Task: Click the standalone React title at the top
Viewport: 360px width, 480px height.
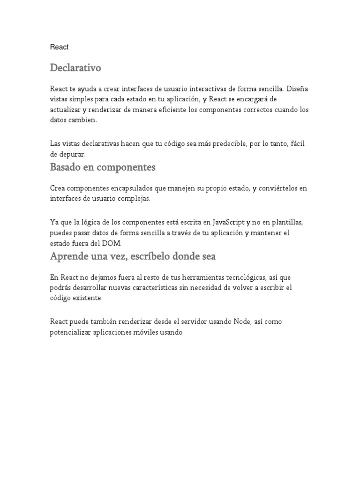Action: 60,47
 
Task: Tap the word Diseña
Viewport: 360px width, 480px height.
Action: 298,89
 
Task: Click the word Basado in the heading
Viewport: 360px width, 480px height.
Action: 66,167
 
